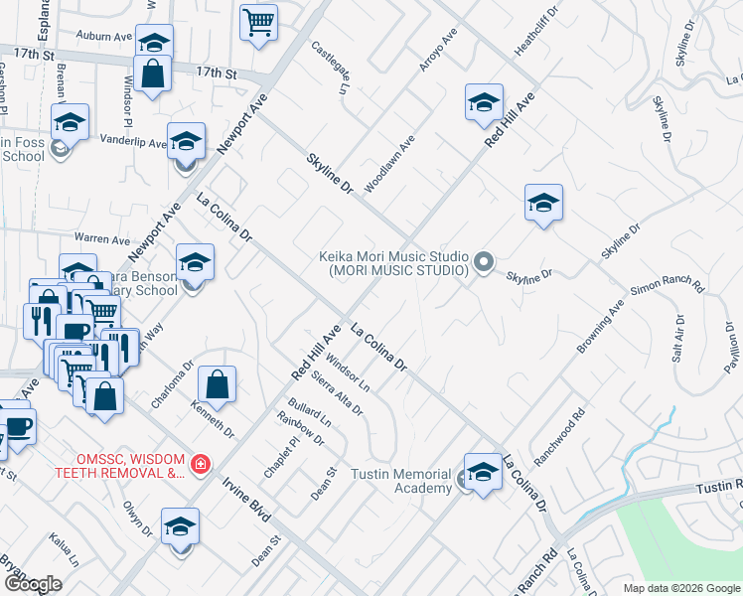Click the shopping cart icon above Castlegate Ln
258,21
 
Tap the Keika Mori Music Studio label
393,262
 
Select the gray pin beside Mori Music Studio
484,262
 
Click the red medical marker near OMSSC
200,464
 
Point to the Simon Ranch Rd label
667,290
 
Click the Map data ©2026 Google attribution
680,588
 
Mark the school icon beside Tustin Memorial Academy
483,473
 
